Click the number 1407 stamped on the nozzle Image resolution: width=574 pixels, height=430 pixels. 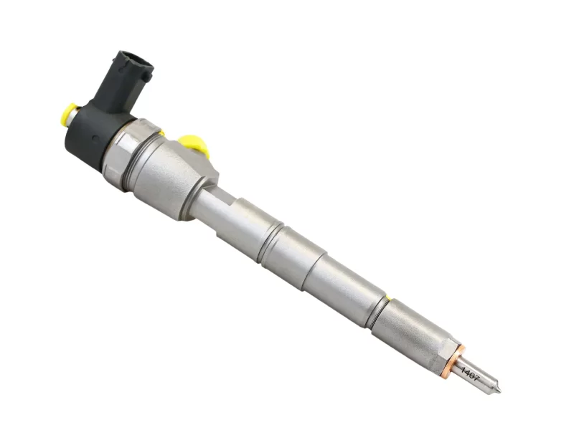coord(469,373)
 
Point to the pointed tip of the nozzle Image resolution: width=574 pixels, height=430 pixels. coord(499,391)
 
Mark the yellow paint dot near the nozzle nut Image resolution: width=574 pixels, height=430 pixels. coord(387,297)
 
